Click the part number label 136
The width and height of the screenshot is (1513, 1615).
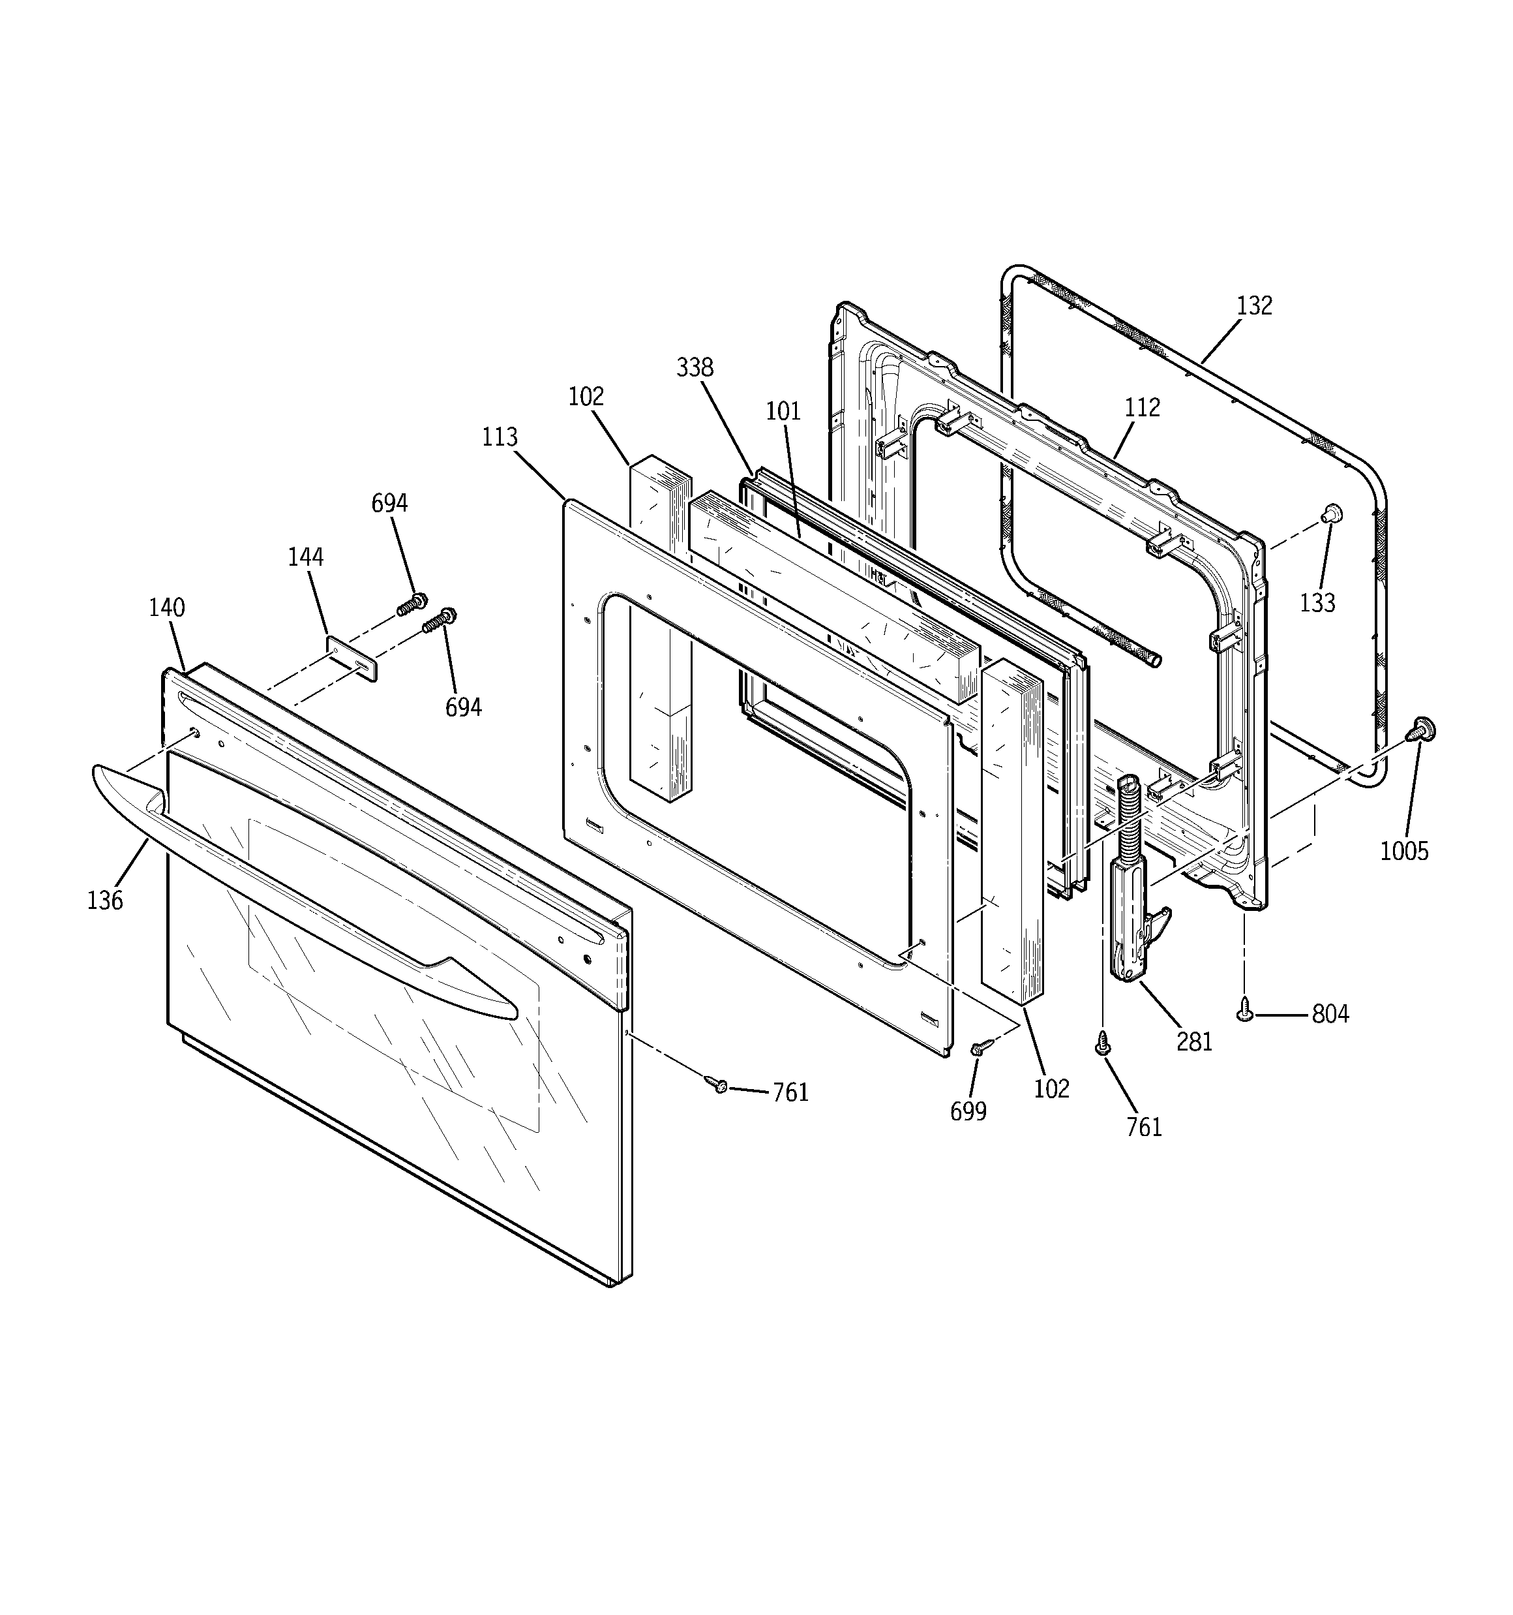pos(105,900)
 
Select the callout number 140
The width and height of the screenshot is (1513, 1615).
pos(166,608)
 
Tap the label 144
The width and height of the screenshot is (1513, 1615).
pos(305,557)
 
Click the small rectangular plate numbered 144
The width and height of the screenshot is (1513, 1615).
pos(352,659)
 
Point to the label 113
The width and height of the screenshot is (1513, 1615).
pos(500,437)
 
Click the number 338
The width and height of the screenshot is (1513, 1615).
pos(695,368)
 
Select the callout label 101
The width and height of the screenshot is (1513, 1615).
pos(783,411)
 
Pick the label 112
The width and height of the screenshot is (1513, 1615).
pos(1142,408)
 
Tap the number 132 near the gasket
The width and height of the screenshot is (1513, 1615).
pos(1254,306)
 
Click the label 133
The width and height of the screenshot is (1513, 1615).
pos(1317,603)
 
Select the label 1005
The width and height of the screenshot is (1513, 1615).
pos(1404,850)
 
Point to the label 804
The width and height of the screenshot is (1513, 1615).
pos(1330,1014)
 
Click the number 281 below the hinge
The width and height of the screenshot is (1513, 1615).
pos(1194,1041)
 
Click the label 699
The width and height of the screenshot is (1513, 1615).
pos(968,1111)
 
